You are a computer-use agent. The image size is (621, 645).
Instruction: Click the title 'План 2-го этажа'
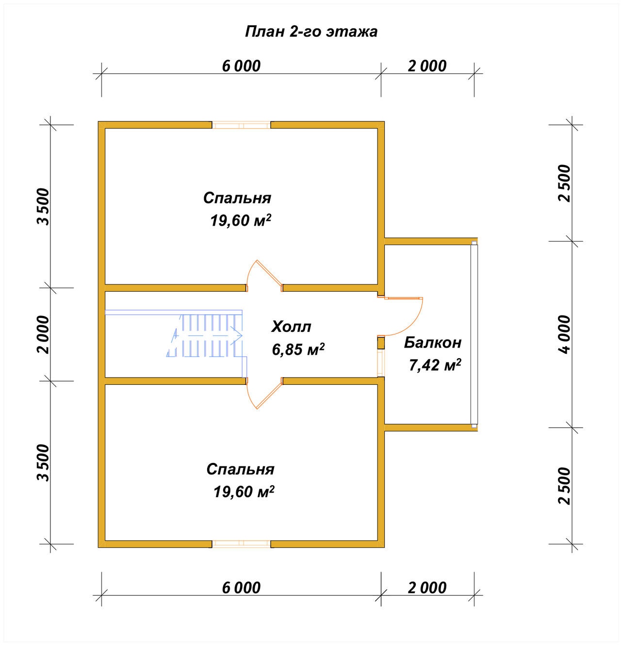point(311,32)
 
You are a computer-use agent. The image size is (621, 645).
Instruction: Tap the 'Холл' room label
point(291,327)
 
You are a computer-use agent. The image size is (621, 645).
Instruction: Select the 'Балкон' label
point(432,343)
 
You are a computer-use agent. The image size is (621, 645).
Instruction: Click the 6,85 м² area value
point(298,349)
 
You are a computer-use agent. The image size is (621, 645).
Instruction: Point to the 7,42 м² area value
point(435,365)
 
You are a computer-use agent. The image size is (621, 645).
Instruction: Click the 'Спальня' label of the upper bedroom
point(237,198)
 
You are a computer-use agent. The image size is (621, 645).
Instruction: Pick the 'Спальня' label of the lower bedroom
point(240,469)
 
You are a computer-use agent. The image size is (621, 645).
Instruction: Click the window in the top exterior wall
point(241,125)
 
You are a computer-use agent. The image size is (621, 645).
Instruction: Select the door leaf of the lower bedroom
point(269,396)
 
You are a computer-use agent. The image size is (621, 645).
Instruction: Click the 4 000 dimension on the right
point(565,334)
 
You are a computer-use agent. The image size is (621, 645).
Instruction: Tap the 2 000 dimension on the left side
point(43,334)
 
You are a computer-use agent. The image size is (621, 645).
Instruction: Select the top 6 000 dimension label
point(241,66)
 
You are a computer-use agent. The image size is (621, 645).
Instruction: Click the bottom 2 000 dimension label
point(427,588)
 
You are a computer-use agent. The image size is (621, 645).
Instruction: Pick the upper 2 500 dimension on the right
point(565,183)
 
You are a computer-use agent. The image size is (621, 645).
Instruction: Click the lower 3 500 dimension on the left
point(43,463)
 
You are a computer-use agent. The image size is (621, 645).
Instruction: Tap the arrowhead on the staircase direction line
point(237,335)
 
